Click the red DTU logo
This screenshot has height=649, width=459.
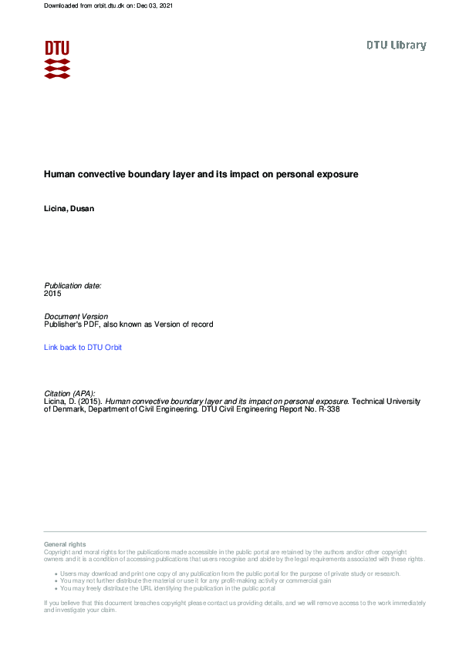pyautogui.click(x=57, y=59)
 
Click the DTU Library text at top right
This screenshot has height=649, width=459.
pyautogui.click(x=396, y=45)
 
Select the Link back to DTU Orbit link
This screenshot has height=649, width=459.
pyautogui.click(x=83, y=348)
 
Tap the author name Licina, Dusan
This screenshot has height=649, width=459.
pyautogui.click(x=69, y=210)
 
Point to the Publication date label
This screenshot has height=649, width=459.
pyautogui.click(x=73, y=286)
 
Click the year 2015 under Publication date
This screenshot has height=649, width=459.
pyautogui.click(x=52, y=294)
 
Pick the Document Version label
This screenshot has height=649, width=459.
pyautogui.click(x=76, y=317)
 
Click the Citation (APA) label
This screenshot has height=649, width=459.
pyautogui.click(x=69, y=393)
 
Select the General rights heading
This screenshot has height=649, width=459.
pyautogui.click(x=65, y=544)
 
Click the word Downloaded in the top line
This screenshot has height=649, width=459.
pyautogui.click(x=62, y=6)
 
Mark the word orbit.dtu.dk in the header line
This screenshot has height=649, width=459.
pyautogui.click(x=111, y=6)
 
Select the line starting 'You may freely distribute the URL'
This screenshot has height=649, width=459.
pyautogui.click(x=167, y=588)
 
